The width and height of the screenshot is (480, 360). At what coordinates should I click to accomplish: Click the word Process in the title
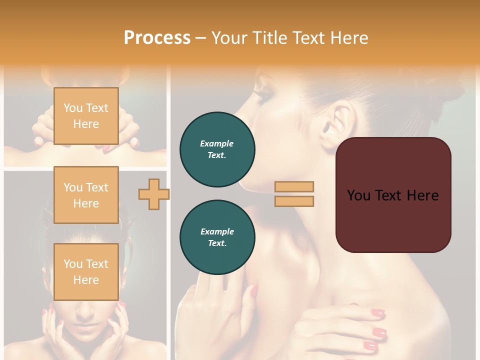point(157,37)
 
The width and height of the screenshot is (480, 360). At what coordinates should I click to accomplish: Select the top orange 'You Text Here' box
point(86,116)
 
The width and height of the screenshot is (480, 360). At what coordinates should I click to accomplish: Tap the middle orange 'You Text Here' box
point(86,195)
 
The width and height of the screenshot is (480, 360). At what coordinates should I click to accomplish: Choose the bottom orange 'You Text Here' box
point(86,271)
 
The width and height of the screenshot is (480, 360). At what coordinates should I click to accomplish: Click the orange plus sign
point(153,194)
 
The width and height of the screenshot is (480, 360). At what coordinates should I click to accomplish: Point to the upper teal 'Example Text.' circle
point(217,149)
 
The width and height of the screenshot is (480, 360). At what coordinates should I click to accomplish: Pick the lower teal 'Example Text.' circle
point(217,237)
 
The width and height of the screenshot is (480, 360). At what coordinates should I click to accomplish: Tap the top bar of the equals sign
point(294,186)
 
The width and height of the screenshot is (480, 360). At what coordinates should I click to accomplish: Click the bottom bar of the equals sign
point(294,201)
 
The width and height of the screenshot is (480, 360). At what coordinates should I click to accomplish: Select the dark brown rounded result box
point(393,195)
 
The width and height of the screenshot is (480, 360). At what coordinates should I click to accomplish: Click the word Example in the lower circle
point(217,231)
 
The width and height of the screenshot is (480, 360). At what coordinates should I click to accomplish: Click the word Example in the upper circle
point(217,143)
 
